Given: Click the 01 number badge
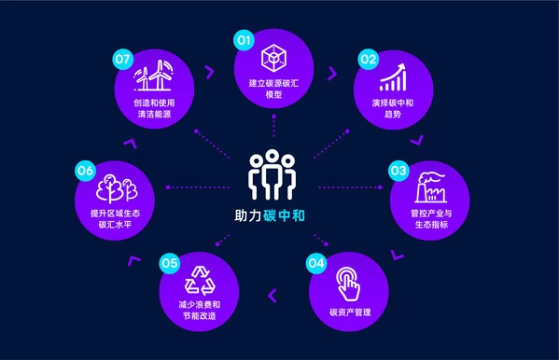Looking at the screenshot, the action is tap(244, 40).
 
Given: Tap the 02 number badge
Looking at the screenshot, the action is tap(368, 59).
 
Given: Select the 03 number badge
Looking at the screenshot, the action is tap(398, 171).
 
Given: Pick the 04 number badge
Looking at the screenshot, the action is tap(316, 263).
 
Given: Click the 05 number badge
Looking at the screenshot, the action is tap(169, 263).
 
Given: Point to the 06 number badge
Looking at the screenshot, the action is tap(85, 171).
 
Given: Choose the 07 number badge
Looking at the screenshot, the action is tap(122, 59).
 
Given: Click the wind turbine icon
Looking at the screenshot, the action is tap(154, 76).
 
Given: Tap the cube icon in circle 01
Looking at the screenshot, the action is tap(273, 58).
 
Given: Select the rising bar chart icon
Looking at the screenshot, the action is tap(393, 77).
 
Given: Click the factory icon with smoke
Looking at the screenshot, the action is tap(430, 187).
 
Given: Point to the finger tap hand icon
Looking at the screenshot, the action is tap(348, 284).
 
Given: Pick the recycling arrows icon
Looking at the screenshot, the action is tap(200, 281).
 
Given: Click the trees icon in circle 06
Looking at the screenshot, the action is tap(117, 187).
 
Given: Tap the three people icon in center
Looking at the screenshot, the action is tap(272, 174).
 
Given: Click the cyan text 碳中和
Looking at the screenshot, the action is tap(284, 215).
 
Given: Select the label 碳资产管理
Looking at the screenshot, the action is tap(350, 312).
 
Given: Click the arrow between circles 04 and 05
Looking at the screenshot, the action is tap(273, 296).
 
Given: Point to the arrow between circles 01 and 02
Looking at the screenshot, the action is tap(332, 74).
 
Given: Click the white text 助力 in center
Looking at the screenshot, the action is tap(248, 215).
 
